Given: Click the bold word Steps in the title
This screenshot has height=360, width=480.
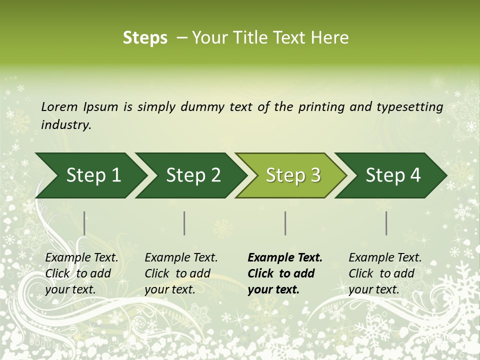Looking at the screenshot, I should click(x=145, y=38).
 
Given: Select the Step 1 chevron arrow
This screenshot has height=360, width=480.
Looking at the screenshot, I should click(x=90, y=175).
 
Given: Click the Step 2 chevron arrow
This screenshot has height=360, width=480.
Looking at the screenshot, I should click(x=191, y=175).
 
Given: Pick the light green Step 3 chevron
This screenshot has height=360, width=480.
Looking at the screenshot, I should click(x=291, y=175).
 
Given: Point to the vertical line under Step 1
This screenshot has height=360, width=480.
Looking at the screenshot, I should click(x=84, y=223).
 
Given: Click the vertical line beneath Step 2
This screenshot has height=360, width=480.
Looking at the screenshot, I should click(x=184, y=223).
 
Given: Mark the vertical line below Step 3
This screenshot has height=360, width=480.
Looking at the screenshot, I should click(x=285, y=223).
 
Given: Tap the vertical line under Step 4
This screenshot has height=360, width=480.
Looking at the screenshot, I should click(x=386, y=223).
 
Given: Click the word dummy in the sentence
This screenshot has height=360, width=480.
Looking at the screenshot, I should click(x=202, y=107).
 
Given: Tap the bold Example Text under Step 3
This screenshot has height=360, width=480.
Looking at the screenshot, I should click(x=285, y=258).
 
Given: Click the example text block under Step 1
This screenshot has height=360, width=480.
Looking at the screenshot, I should click(x=81, y=273).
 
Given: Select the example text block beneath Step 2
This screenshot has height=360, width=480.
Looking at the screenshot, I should click(x=181, y=273).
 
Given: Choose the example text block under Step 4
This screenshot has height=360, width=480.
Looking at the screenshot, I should click(x=385, y=273).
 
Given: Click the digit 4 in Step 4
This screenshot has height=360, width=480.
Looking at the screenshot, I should click(x=415, y=175).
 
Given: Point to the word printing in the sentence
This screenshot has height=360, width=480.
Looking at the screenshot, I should click(x=321, y=107).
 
